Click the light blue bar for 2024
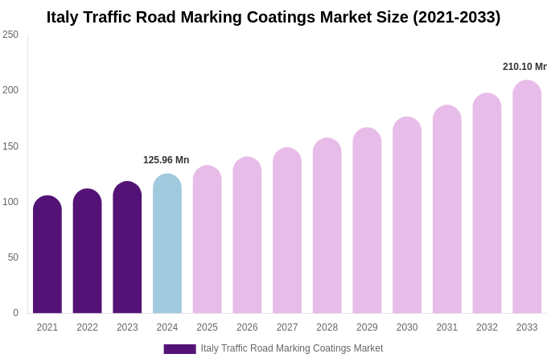167,245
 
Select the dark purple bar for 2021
47,256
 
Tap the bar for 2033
527,198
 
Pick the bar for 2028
327,227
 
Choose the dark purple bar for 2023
127,249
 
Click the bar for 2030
407,216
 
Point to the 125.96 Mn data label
166,160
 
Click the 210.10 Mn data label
524,67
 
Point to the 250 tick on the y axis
10,35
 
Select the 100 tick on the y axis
10,202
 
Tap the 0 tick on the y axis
15,313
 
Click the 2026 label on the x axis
247,327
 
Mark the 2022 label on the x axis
87,327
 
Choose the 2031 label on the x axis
446,327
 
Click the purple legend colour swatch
179,349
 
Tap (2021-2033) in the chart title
456,17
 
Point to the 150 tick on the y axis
10,146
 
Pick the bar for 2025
207,241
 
